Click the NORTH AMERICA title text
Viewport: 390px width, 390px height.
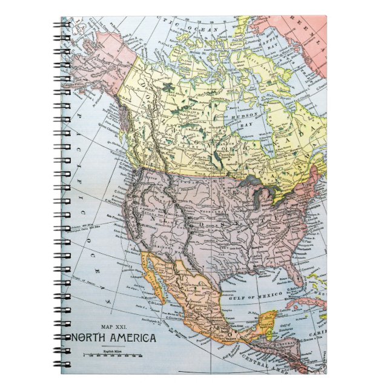[113, 338]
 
